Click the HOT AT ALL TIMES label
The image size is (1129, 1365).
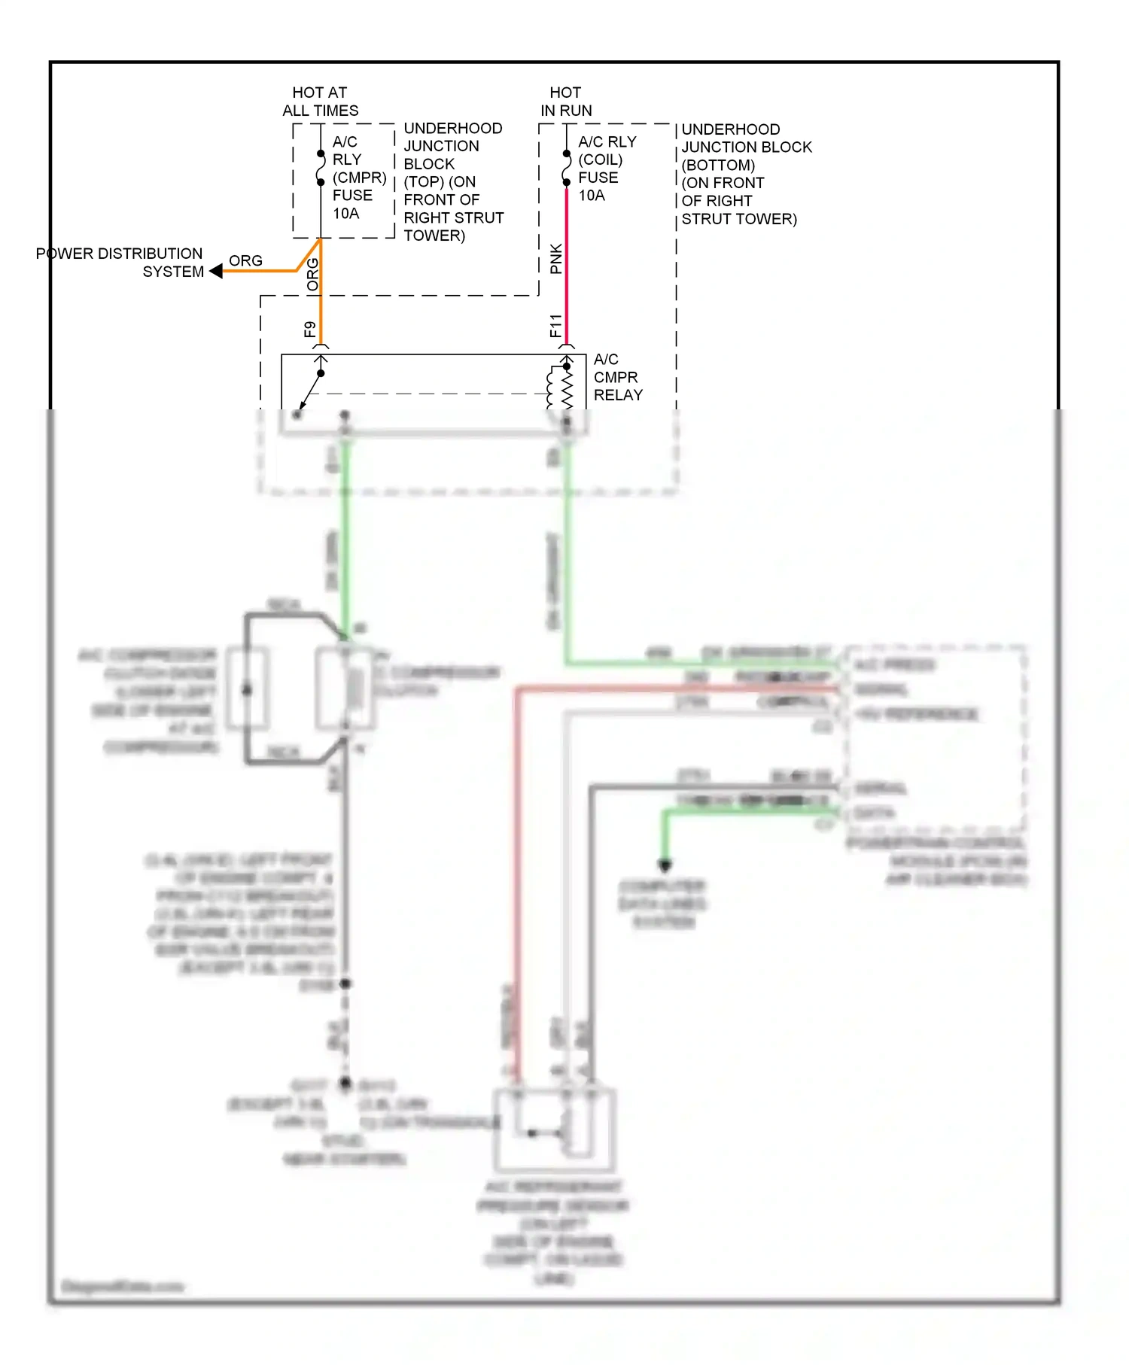pyautogui.click(x=320, y=101)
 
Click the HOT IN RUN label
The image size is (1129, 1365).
pyautogui.click(x=565, y=101)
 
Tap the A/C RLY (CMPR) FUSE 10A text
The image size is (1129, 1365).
pyautogui.click(x=358, y=178)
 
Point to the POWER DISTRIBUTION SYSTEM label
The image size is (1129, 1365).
pyautogui.click(x=120, y=262)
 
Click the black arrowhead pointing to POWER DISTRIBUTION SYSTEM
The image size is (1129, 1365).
pyautogui.click(x=216, y=271)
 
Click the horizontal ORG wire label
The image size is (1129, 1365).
pyautogui.click(x=245, y=260)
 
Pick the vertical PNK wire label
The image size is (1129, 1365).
pyautogui.click(x=555, y=259)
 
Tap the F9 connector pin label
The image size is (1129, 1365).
pyautogui.click(x=309, y=330)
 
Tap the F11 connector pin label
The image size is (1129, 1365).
pyautogui.click(x=555, y=326)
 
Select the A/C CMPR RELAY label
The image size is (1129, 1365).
pyautogui.click(x=617, y=377)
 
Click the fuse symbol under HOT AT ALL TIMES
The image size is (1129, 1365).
pyautogui.click(x=321, y=168)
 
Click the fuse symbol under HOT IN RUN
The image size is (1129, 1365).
pyautogui.click(x=566, y=168)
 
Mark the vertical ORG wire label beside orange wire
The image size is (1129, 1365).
pyautogui.click(x=312, y=275)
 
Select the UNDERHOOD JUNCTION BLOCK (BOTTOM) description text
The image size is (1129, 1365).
pyautogui.click(x=745, y=174)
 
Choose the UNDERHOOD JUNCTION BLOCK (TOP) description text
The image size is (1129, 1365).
pyautogui.click(x=453, y=181)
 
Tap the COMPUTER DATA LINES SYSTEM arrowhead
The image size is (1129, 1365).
pyautogui.click(x=664, y=866)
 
